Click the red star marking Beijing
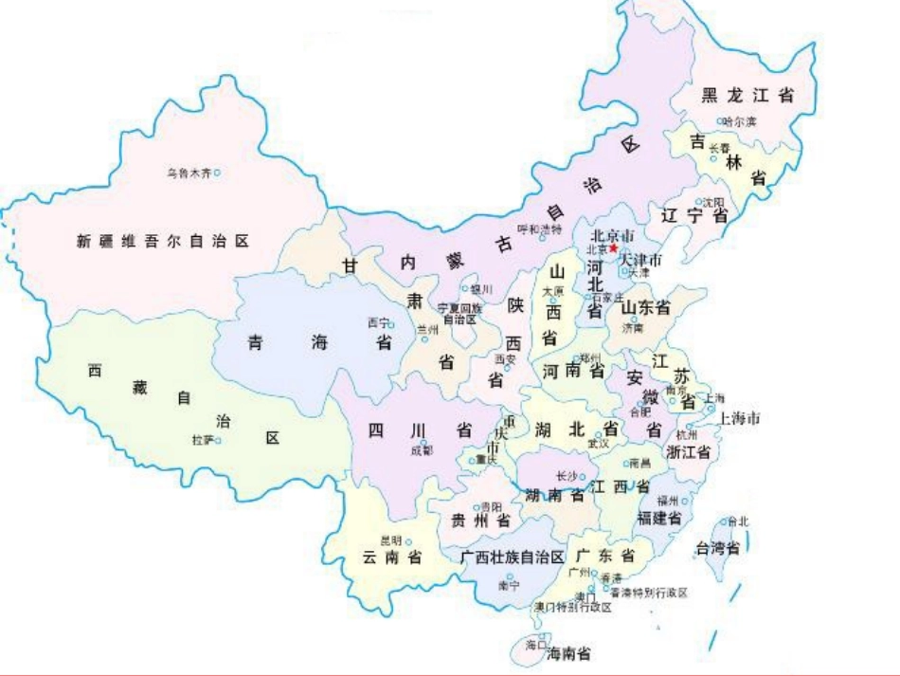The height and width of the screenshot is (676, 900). (x=614, y=248)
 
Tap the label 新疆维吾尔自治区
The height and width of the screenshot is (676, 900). (x=163, y=242)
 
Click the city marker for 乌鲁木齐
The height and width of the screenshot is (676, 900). (x=217, y=173)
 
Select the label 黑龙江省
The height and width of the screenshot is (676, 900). (x=747, y=95)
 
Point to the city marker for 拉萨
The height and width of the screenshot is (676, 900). (x=217, y=440)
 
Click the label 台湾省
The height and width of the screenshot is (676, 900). (x=717, y=547)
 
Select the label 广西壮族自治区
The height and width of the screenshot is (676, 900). (x=513, y=556)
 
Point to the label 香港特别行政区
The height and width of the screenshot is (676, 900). (x=648, y=592)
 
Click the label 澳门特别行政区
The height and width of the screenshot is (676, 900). (x=571, y=607)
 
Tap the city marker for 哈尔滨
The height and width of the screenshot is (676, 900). (x=720, y=121)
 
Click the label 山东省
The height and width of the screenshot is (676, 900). (x=645, y=307)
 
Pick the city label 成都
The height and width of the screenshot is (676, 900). (x=421, y=451)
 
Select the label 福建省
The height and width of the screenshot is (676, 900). (x=659, y=519)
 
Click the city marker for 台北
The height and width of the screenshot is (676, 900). (x=724, y=521)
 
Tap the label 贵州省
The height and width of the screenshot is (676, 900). (x=479, y=521)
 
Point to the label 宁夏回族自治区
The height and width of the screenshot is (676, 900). (x=459, y=313)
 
